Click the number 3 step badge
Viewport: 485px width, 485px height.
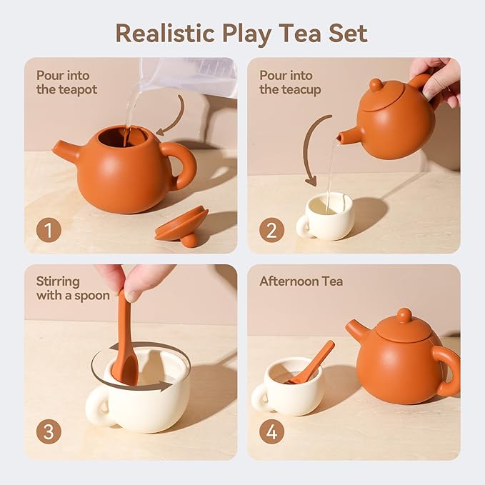pyautogui.click(x=48, y=432)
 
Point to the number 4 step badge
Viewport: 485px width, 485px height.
pyautogui.click(x=271, y=432)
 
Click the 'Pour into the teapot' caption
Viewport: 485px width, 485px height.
pyautogui.click(x=66, y=82)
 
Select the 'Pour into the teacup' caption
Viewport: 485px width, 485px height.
pyautogui.click(x=290, y=82)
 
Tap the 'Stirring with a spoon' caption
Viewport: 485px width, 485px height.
pyautogui.click(x=73, y=288)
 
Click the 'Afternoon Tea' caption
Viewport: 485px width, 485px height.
pyautogui.click(x=301, y=281)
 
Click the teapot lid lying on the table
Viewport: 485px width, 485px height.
pyautogui.click(x=181, y=225)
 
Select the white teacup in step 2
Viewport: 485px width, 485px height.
pyautogui.click(x=327, y=215)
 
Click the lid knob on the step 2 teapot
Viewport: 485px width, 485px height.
pyautogui.click(x=376, y=85)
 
